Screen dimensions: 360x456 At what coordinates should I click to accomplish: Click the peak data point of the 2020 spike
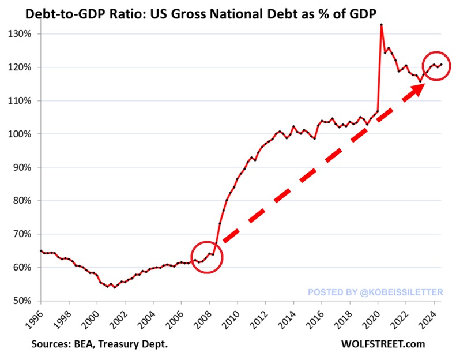[x=382, y=25]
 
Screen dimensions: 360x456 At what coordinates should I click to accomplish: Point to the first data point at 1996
[x=40, y=250]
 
